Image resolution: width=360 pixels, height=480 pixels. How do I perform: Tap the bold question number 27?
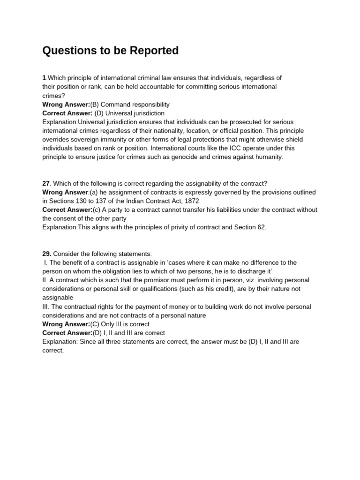46,183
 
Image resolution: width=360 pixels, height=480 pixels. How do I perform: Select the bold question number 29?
46,254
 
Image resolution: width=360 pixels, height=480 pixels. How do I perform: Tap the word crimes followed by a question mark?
53,96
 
